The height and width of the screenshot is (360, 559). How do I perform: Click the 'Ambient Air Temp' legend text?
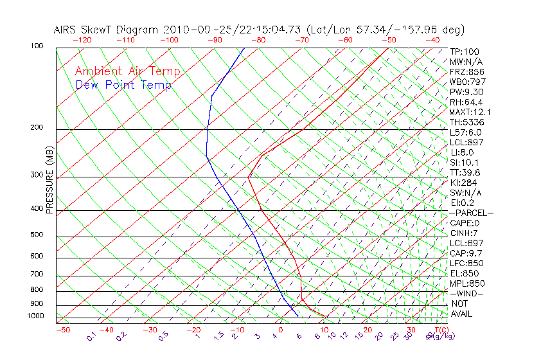(x=127, y=71)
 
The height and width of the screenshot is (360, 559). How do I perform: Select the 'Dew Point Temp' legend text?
(x=123, y=85)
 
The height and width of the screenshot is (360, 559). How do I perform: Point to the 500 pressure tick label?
(x=36, y=235)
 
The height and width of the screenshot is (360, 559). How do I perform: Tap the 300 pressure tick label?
(x=36, y=175)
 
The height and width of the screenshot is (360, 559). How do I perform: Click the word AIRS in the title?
(x=66, y=30)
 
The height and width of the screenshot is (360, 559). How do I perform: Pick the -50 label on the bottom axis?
(x=62, y=330)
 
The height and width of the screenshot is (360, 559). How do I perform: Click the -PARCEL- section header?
(x=471, y=213)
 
